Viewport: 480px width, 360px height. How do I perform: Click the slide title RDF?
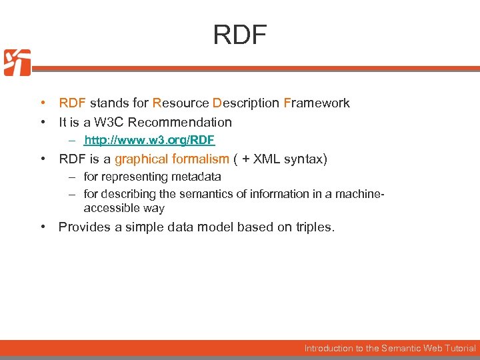coord(239,35)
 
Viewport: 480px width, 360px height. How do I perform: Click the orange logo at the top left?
coord(17,63)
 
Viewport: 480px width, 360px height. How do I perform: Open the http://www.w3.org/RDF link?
coord(149,140)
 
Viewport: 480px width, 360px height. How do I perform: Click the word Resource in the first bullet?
coord(180,103)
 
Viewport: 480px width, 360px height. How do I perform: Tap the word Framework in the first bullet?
coord(316,103)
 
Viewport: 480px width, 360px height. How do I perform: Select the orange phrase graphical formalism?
coord(171,159)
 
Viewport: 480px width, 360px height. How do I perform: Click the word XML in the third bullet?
coord(270,159)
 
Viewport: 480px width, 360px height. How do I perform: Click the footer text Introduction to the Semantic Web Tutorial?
coord(390,348)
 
